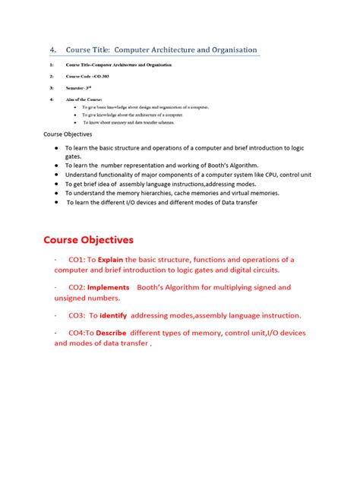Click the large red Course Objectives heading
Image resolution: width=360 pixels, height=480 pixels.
coord(88,241)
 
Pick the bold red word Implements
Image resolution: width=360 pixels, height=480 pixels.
coord(109,288)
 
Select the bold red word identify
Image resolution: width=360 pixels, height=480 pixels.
coord(113,315)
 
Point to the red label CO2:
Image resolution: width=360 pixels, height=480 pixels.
coord(76,288)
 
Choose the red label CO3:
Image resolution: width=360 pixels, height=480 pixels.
coord(77,315)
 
